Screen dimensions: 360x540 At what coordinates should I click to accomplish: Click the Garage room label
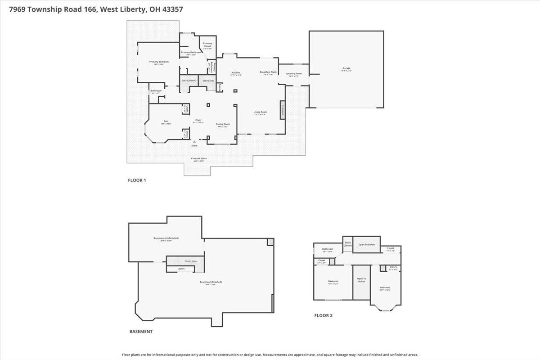[x=346, y=68]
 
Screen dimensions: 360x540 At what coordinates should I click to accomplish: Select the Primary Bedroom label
[x=159, y=62]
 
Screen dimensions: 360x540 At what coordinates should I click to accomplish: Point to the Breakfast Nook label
[x=268, y=72]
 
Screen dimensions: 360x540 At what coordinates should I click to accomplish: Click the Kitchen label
[x=236, y=72]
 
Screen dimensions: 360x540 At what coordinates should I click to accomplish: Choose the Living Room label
[x=260, y=112]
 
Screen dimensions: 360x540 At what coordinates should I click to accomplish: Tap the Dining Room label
[x=223, y=124]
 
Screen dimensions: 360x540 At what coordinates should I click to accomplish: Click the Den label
[x=166, y=121]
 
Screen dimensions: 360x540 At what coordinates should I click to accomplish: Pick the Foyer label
[x=198, y=120]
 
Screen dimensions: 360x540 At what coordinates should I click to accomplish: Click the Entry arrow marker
[x=194, y=142]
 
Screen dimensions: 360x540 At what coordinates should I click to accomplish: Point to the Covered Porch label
[x=198, y=158]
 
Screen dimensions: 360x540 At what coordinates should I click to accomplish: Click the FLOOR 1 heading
[x=137, y=180]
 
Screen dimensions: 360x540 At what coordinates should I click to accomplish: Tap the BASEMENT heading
[x=141, y=332]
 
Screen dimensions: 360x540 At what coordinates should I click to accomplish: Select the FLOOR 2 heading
[x=323, y=315]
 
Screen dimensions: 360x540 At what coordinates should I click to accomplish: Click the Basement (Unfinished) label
[x=166, y=238]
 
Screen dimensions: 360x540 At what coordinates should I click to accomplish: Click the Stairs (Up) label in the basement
[x=191, y=261]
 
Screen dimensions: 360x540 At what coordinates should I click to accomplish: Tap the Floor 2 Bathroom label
[x=327, y=249]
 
